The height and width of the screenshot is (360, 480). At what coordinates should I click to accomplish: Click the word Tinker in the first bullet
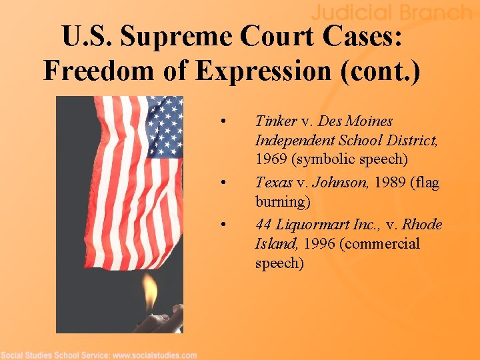click(275, 121)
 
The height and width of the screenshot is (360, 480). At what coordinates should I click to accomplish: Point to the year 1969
click(273, 159)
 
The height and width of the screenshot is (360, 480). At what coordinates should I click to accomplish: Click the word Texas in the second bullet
click(274, 182)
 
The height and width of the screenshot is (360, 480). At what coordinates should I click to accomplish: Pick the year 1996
click(319, 244)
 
